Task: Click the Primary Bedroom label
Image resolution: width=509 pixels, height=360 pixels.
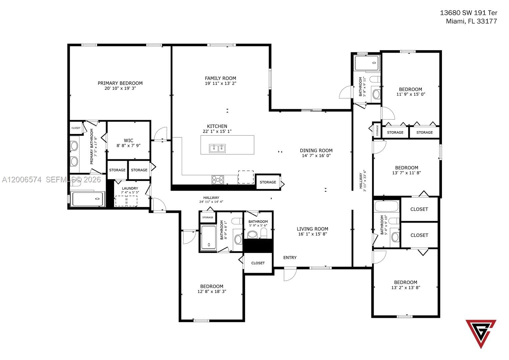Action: click(x=120, y=83)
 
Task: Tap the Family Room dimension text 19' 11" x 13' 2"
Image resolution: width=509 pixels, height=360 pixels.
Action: click(x=220, y=83)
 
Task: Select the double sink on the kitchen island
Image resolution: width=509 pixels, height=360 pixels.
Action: click(x=217, y=148)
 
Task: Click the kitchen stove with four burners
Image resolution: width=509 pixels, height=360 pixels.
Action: click(x=218, y=180)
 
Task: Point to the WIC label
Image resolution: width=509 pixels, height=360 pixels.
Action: click(x=128, y=140)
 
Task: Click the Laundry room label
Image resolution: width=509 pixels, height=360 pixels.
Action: click(x=130, y=188)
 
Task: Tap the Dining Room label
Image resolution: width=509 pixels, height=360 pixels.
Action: click(x=316, y=150)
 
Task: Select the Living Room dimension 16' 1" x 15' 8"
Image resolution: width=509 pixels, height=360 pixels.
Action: click(x=312, y=234)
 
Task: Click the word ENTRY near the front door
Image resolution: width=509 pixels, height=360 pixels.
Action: click(x=290, y=258)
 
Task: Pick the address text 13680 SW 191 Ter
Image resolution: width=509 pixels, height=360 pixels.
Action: click(x=468, y=13)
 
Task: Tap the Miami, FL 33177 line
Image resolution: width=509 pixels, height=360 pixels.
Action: click(x=471, y=21)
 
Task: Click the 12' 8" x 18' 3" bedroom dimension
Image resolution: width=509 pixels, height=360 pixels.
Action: click(x=212, y=291)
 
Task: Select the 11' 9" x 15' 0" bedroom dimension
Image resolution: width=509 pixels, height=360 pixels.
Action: click(x=410, y=94)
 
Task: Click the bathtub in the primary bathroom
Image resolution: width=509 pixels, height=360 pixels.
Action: click(x=87, y=199)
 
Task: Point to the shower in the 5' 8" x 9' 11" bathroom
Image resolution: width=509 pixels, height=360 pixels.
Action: click(x=366, y=63)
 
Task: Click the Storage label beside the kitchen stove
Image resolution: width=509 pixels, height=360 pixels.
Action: click(x=268, y=182)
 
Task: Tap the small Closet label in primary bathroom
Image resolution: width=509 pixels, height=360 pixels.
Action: click(x=76, y=128)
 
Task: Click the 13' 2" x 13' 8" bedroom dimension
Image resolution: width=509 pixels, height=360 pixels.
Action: click(x=405, y=287)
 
